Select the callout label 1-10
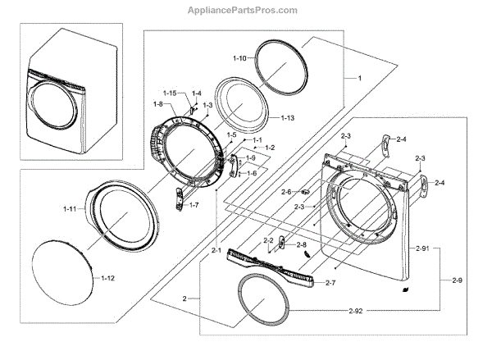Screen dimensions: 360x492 239,58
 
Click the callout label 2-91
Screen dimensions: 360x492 423,248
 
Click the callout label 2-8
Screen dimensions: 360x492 302,244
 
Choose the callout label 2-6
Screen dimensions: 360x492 286,192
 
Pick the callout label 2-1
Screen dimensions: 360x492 216,249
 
